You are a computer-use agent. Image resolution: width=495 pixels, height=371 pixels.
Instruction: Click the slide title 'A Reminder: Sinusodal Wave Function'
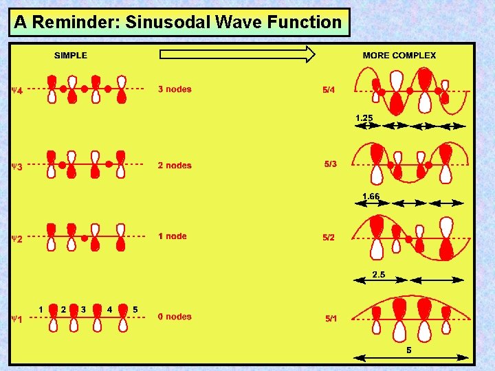coord(178,22)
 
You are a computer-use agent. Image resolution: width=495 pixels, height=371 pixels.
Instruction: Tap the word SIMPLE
coord(71,56)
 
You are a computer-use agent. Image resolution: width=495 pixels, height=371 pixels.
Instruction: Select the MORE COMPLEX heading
coord(399,56)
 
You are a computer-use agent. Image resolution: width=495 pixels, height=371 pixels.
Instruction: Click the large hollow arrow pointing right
coord(237,54)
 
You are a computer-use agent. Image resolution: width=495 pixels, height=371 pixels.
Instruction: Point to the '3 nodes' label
coord(175,89)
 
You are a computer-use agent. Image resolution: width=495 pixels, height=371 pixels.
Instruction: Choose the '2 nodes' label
coord(175,165)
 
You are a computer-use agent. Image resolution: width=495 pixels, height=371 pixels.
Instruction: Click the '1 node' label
coord(172,236)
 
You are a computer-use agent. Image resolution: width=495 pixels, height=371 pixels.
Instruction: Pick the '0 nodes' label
coord(175,317)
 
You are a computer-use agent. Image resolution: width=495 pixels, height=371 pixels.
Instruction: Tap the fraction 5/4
coord(329,89)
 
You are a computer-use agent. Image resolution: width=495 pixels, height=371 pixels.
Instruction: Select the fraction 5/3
coord(331,164)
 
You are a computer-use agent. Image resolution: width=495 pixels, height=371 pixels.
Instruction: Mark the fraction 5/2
coord(330,237)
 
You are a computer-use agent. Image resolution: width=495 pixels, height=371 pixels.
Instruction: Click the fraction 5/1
coord(331,319)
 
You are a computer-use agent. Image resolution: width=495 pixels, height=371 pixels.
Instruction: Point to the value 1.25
coord(364,117)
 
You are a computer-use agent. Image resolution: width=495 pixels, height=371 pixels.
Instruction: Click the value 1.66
coord(371,196)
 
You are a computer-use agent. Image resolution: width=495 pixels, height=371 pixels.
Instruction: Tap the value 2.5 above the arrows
coord(379,275)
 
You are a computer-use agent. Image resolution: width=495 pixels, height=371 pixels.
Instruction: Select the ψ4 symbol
coord(17,90)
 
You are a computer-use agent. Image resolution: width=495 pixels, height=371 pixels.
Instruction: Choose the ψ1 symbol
coord(17,319)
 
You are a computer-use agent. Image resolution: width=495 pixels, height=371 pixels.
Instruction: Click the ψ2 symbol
coord(17,239)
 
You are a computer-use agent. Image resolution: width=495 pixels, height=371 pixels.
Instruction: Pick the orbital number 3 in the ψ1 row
coord(83,309)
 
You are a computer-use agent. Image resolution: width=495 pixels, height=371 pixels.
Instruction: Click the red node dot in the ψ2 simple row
coord(84,238)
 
